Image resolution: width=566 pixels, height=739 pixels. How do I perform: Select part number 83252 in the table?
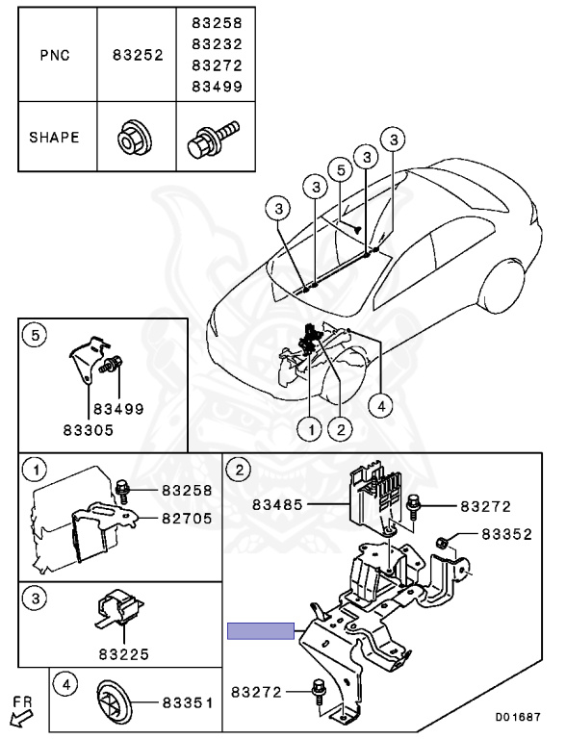[x=138, y=55]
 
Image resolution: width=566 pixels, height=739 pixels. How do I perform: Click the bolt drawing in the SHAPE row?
[x=213, y=139]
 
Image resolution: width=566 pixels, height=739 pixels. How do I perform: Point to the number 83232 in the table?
[x=217, y=44]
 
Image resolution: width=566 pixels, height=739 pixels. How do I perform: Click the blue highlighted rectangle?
[x=261, y=630]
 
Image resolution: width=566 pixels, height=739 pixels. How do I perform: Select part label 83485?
[x=277, y=505]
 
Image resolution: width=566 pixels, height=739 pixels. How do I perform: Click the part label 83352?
[x=506, y=534]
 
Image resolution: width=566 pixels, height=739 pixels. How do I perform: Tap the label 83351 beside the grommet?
[x=188, y=702]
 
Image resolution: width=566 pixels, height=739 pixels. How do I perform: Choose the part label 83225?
[x=124, y=654]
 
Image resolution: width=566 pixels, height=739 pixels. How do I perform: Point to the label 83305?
[x=89, y=430]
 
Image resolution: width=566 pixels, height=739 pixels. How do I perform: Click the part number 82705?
[x=188, y=518]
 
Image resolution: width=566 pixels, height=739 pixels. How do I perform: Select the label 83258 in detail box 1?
[x=188, y=490]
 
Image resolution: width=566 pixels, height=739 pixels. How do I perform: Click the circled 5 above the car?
[x=342, y=170]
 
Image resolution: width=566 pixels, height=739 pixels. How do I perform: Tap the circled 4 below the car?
[x=381, y=405]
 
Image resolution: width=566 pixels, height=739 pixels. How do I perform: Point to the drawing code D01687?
[x=518, y=717]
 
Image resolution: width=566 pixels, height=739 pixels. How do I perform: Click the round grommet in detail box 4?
[x=115, y=701]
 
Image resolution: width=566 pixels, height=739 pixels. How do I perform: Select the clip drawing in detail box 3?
[x=120, y=608]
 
